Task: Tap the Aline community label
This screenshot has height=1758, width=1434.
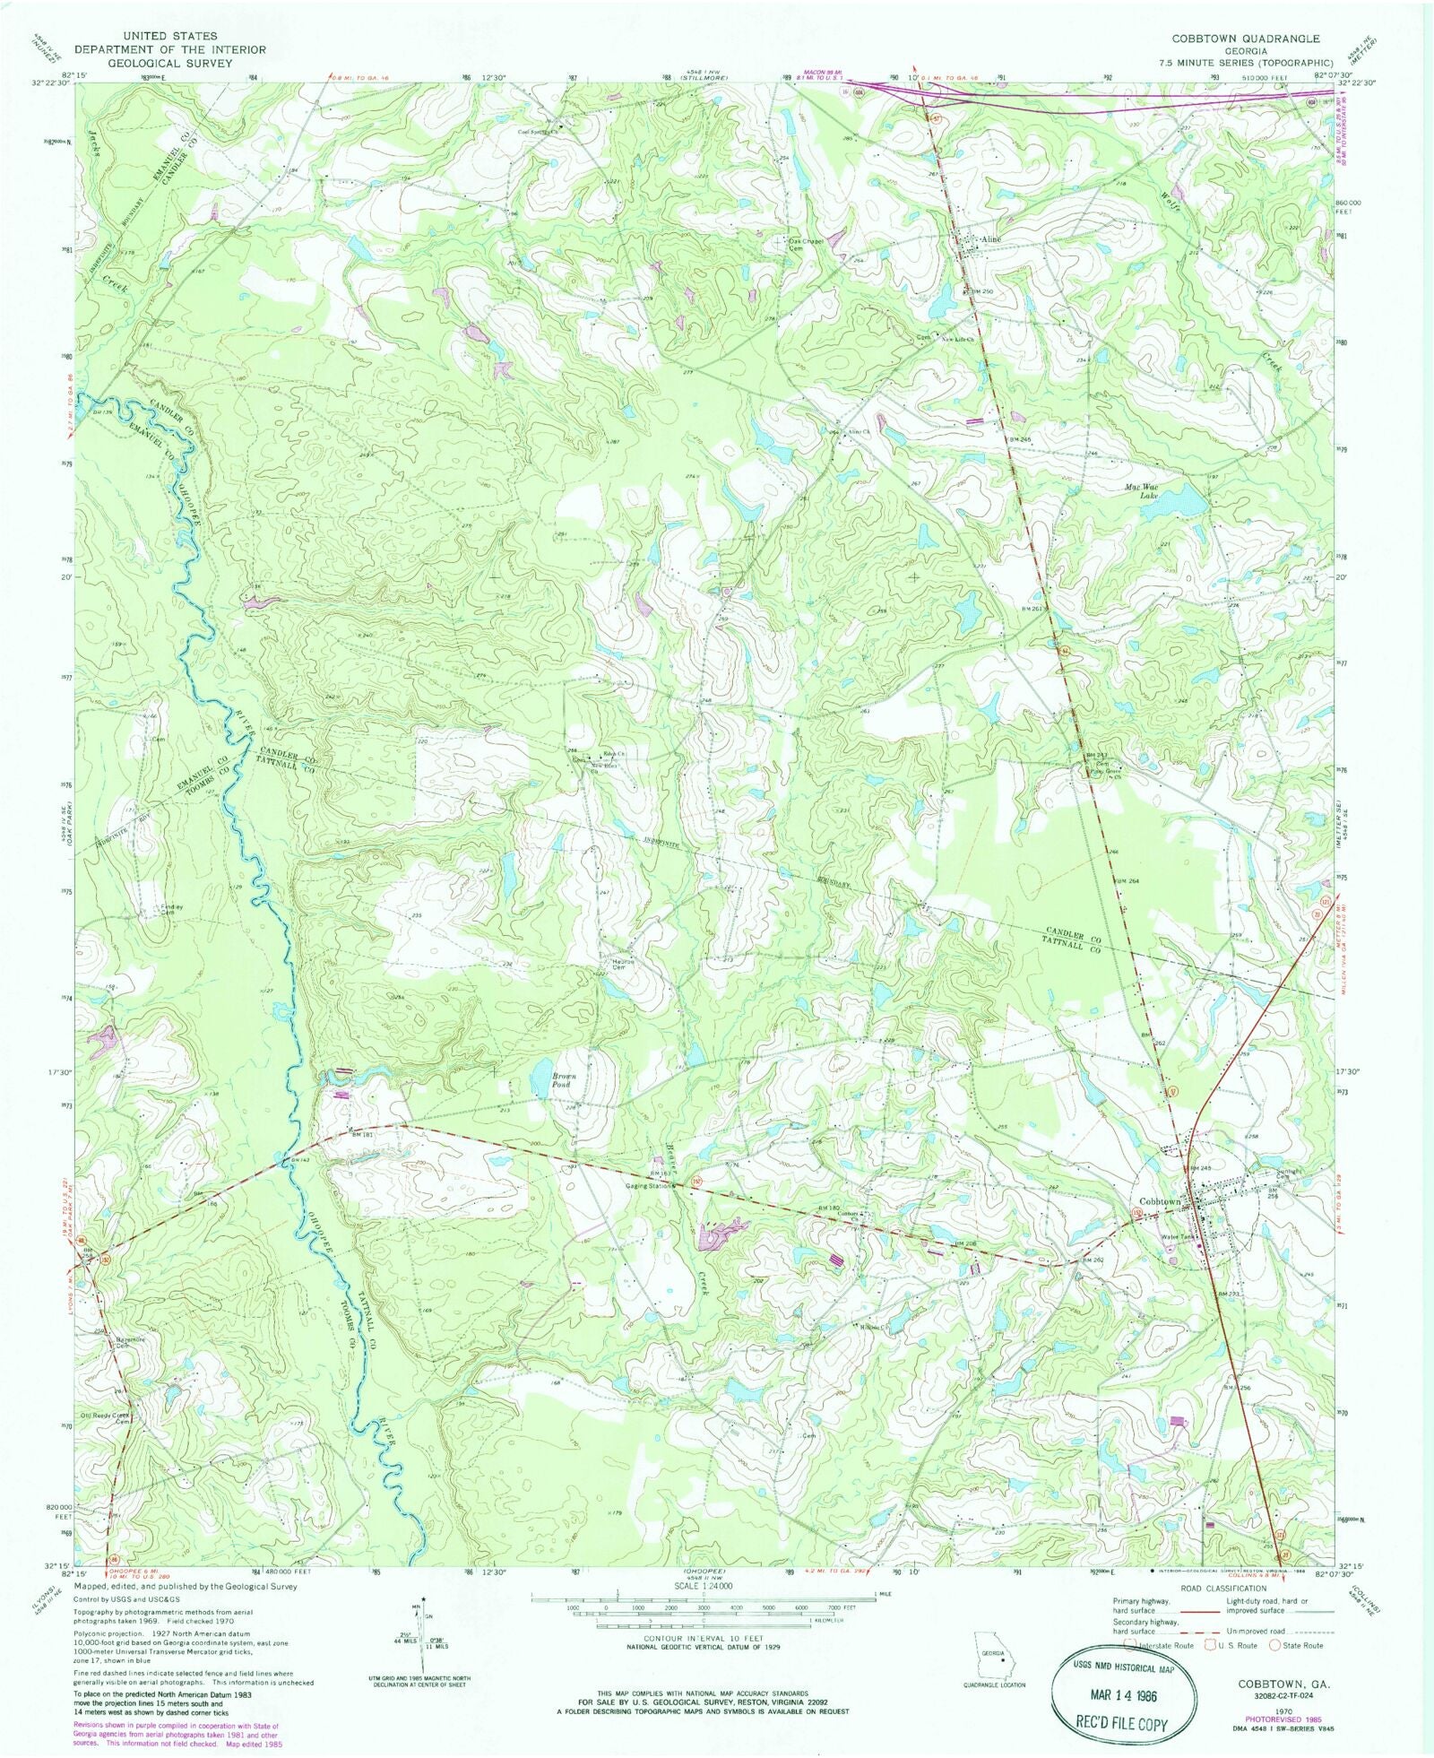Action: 989,239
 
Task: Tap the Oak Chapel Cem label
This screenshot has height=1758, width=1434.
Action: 807,245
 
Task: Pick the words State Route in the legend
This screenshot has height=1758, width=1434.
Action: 1305,1645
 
